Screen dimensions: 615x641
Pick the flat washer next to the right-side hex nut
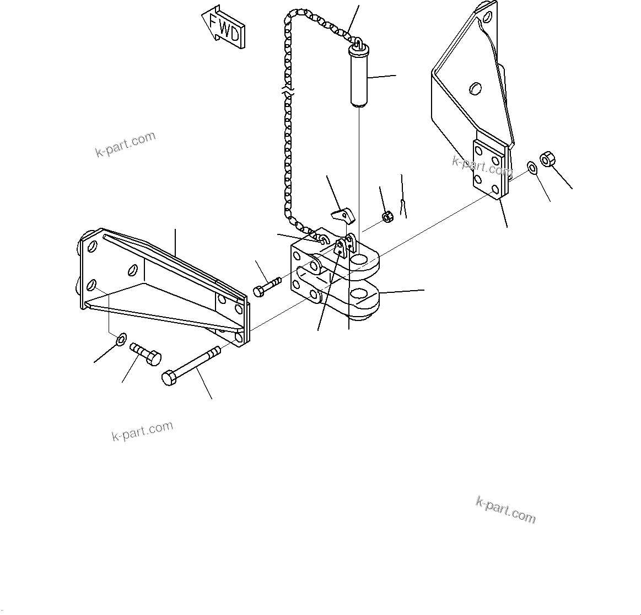pyautogui.click(x=532, y=168)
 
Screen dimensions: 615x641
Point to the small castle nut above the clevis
pyautogui.click(x=387, y=217)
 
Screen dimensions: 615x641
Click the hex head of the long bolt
pyautogui.click(x=169, y=378)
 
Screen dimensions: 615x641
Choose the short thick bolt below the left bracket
pyautogui.click(x=146, y=354)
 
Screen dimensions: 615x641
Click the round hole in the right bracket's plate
pyautogui.click(x=474, y=88)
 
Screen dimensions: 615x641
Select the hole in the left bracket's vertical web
pyautogui.click(x=132, y=269)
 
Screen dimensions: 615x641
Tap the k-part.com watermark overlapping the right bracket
pyautogui.click(x=482, y=166)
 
